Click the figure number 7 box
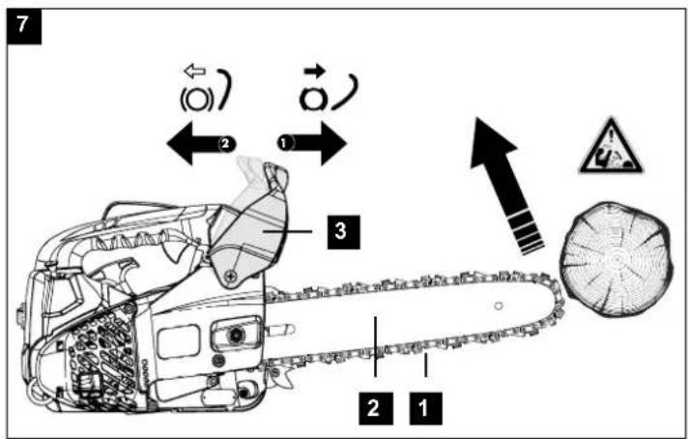point(24,27)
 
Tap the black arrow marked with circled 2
point(201,143)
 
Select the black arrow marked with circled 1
point(312,143)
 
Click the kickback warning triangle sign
point(611,146)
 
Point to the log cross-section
point(616,259)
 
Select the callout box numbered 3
point(344,232)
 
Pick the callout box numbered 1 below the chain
point(425,409)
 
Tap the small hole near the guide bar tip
point(499,306)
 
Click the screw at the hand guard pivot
point(231,277)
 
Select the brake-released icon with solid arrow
point(329,89)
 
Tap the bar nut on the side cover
point(235,336)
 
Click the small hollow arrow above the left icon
point(195,71)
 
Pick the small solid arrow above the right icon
point(315,70)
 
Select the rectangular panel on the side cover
point(179,341)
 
